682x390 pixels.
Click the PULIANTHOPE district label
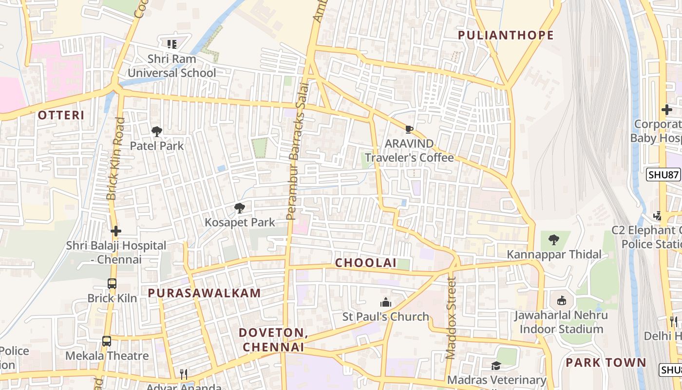(x=506, y=35)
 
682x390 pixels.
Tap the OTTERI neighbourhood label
(x=61, y=116)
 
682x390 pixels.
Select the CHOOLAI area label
(x=365, y=263)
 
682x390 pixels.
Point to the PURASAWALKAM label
(x=204, y=293)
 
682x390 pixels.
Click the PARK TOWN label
(x=606, y=363)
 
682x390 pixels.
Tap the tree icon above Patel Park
(x=157, y=132)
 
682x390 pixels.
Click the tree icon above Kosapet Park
(x=239, y=208)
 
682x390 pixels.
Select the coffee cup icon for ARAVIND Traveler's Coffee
(x=409, y=129)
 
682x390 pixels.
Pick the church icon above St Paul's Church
(x=386, y=302)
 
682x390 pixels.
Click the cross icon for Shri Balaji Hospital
(x=116, y=231)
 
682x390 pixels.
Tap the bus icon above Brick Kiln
(x=112, y=283)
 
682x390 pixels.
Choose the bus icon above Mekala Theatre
(x=107, y=341)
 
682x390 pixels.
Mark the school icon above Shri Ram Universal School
(x=171, y=44)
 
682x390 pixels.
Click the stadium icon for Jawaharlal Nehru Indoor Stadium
(x=561, y=301)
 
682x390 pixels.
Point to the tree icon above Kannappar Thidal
(x=553, y=240)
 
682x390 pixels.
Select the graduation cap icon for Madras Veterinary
(x=496, y=366)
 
